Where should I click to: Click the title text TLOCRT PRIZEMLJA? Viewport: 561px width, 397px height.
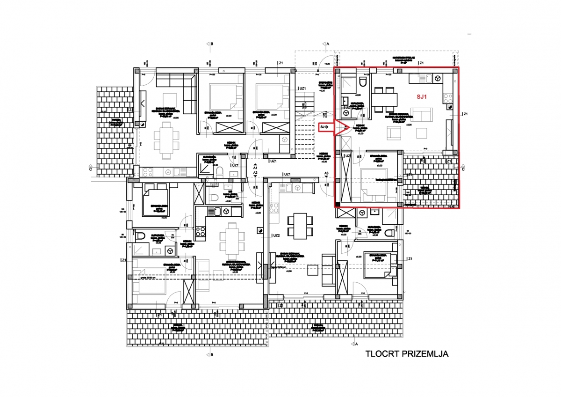[407, 354]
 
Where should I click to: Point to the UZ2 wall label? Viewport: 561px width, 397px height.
[276, 235]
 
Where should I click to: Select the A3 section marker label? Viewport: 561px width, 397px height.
[326, 174]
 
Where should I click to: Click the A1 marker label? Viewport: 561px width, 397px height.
[255, 167]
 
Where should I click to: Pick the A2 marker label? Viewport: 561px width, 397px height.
[255, 173]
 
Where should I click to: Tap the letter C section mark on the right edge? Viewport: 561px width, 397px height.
[463, 169]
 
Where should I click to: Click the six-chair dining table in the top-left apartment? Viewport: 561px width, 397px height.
[166, 138]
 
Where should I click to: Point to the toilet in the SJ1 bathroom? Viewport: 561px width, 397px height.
[363, 84]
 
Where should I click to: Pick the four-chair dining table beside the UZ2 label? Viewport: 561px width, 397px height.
[297, 224]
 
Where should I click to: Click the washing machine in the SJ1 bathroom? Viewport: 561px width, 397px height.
[346, 112]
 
